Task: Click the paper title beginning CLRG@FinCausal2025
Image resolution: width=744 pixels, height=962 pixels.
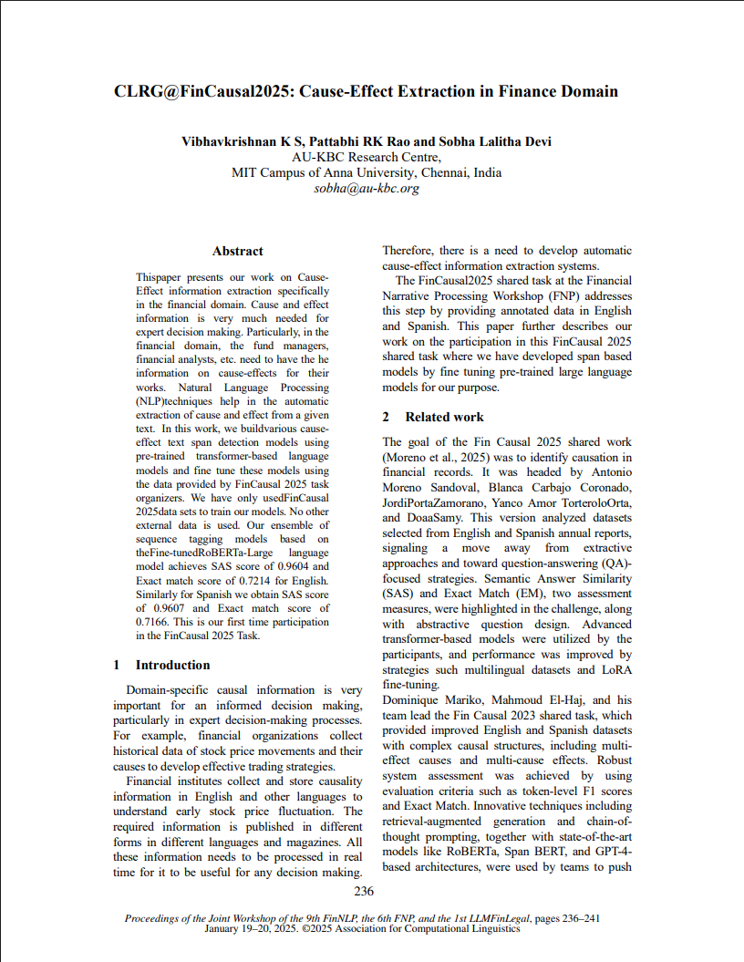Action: click(366, 91)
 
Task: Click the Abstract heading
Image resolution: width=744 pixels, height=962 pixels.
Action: click(237, 251)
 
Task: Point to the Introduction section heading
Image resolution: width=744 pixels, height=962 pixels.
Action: click(172, 665)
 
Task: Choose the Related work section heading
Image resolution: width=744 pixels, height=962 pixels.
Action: click(444, 417)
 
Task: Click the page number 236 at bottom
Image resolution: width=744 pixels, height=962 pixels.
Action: click(364, 891)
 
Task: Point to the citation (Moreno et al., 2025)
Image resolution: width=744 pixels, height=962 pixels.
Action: click(434, 457)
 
